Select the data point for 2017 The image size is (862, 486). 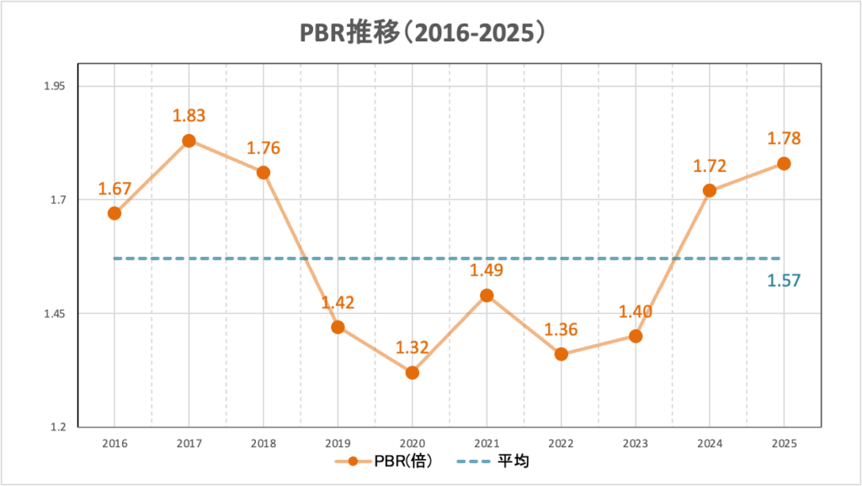coord(189,141)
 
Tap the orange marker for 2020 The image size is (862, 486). coord(412,372)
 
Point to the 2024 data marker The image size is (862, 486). coord(710,190)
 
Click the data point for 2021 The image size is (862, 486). coord(487,296)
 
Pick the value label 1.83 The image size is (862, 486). coord(189,116)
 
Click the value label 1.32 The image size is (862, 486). coord(412,347)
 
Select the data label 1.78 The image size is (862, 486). coord(783,139)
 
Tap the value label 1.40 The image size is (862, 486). coord(636,312)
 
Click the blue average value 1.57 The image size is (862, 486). coord(784,280)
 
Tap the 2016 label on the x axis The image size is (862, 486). coord(114,443)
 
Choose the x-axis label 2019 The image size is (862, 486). coord(338,443)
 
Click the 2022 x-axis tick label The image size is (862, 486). coord(561,443)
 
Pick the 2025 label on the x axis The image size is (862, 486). coord(784,443)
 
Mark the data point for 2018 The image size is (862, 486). coord(263,173)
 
